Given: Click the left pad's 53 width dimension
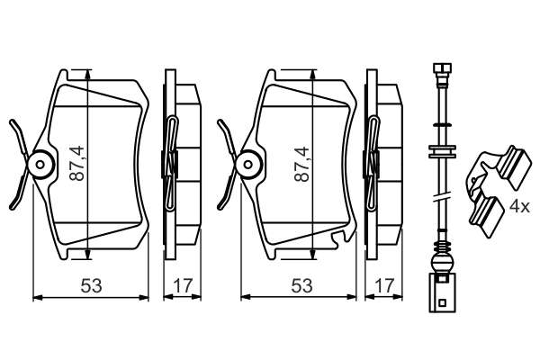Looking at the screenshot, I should click(x=89, y=286).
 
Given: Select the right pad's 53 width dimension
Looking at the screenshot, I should click(x=301, y=286).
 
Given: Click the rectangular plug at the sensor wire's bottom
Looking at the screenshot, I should click(x=441, y=296).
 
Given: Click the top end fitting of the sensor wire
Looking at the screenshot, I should click(x=441, y=69).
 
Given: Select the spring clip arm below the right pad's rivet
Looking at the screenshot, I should click(x=229, y=193).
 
